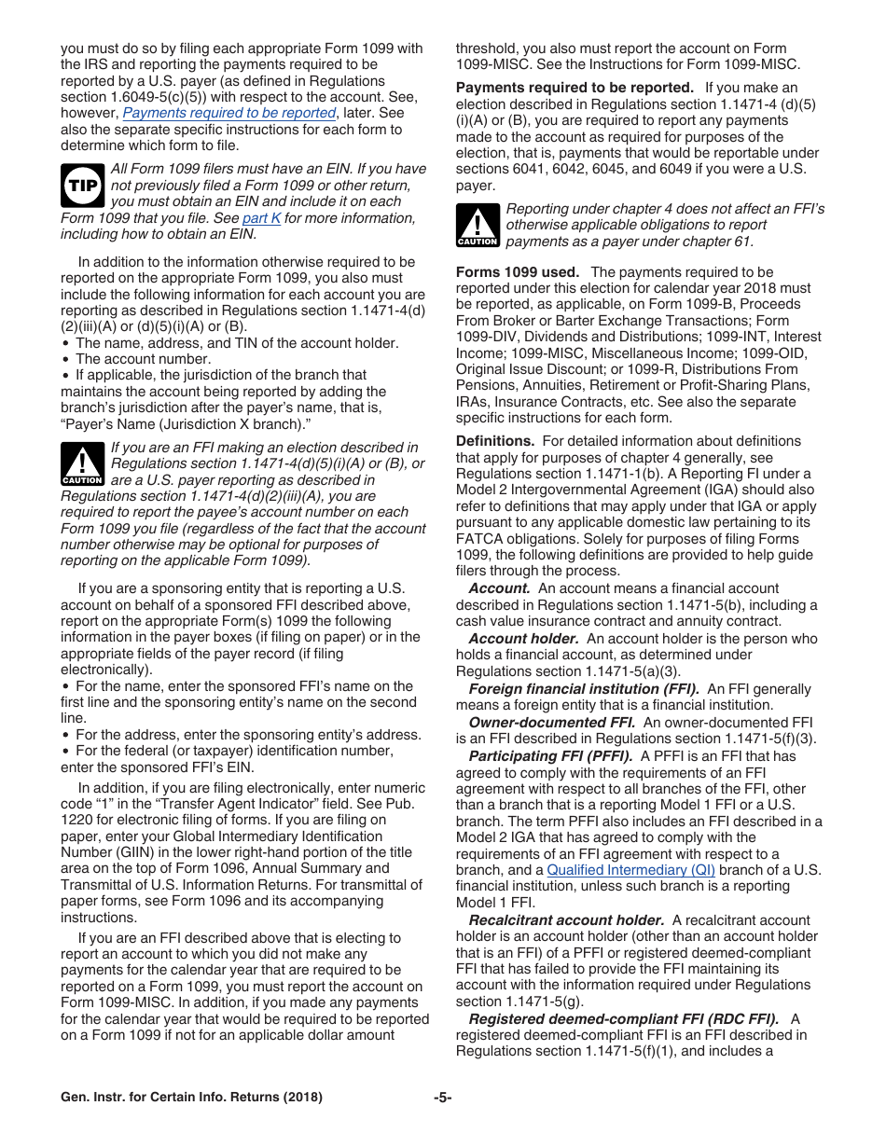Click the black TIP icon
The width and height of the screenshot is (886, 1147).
click(81, 186)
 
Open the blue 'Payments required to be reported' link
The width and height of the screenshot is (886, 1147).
click(229, 113)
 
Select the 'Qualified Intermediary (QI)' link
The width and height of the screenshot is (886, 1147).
click(630, 870)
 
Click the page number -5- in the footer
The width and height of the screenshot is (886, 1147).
click(443, 1098)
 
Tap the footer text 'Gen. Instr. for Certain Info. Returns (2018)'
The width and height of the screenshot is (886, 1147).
click(192, 1098)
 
